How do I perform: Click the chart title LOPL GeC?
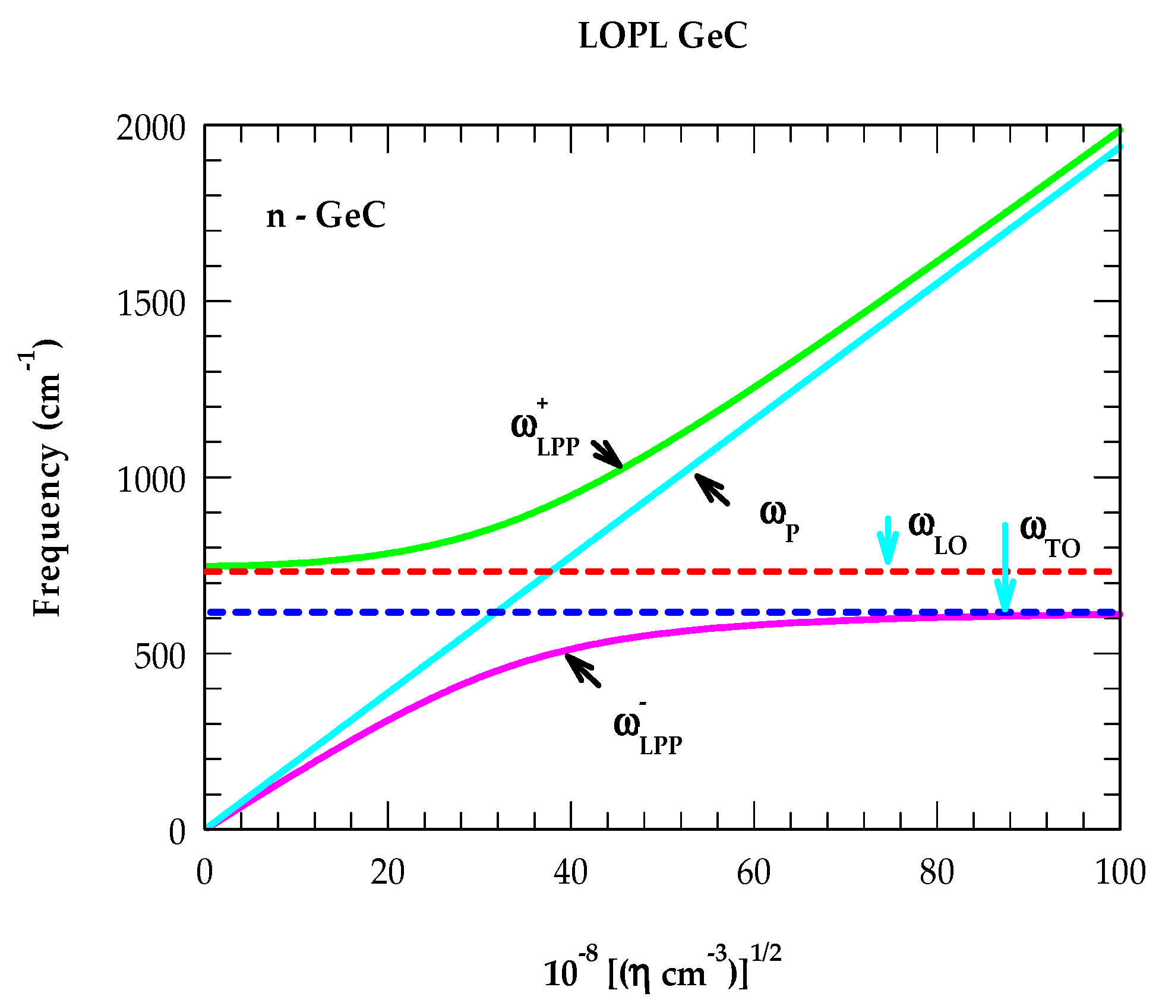[662, 37]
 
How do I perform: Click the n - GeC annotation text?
[326, 216]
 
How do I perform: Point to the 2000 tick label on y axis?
[151, 128]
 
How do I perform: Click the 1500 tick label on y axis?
[151, 303]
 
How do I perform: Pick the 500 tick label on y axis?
[159, 656]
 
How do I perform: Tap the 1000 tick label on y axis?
[151, 480]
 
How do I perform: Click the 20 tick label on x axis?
[387, 873]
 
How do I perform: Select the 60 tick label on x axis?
[753, 873]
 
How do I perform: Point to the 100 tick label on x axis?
[1119, 873]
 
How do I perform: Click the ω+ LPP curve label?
[544, 431]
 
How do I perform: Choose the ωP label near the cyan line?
[779, 518]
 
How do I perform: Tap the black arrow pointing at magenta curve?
[582, 669]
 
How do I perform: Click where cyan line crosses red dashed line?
[551, 571]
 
